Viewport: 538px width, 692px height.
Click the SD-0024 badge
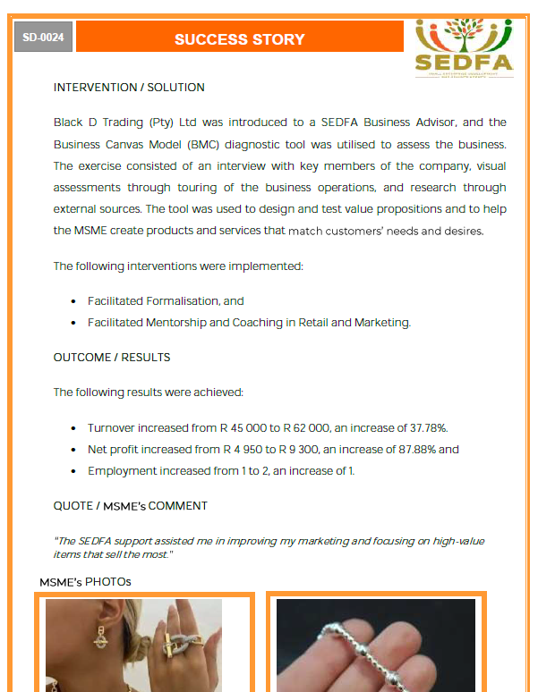43,38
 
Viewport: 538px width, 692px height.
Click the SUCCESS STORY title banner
239,38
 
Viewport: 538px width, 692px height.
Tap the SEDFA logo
464,48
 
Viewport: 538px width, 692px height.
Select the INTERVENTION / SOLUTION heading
129,88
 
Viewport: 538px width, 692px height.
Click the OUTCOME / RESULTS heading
112,358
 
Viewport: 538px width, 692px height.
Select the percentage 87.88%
412,450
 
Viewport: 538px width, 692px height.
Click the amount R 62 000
317,428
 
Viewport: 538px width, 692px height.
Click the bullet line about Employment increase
220,471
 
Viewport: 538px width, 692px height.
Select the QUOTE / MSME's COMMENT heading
131,506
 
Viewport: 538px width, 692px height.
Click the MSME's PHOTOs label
85,582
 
